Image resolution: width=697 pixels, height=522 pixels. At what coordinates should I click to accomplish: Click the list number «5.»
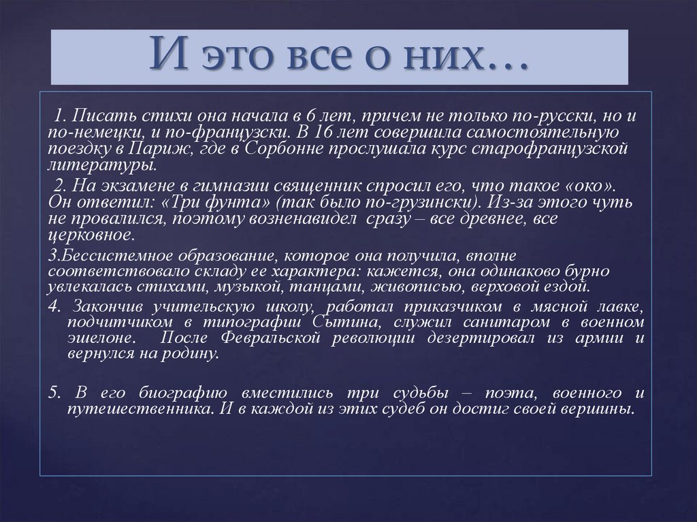coord(56,393)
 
